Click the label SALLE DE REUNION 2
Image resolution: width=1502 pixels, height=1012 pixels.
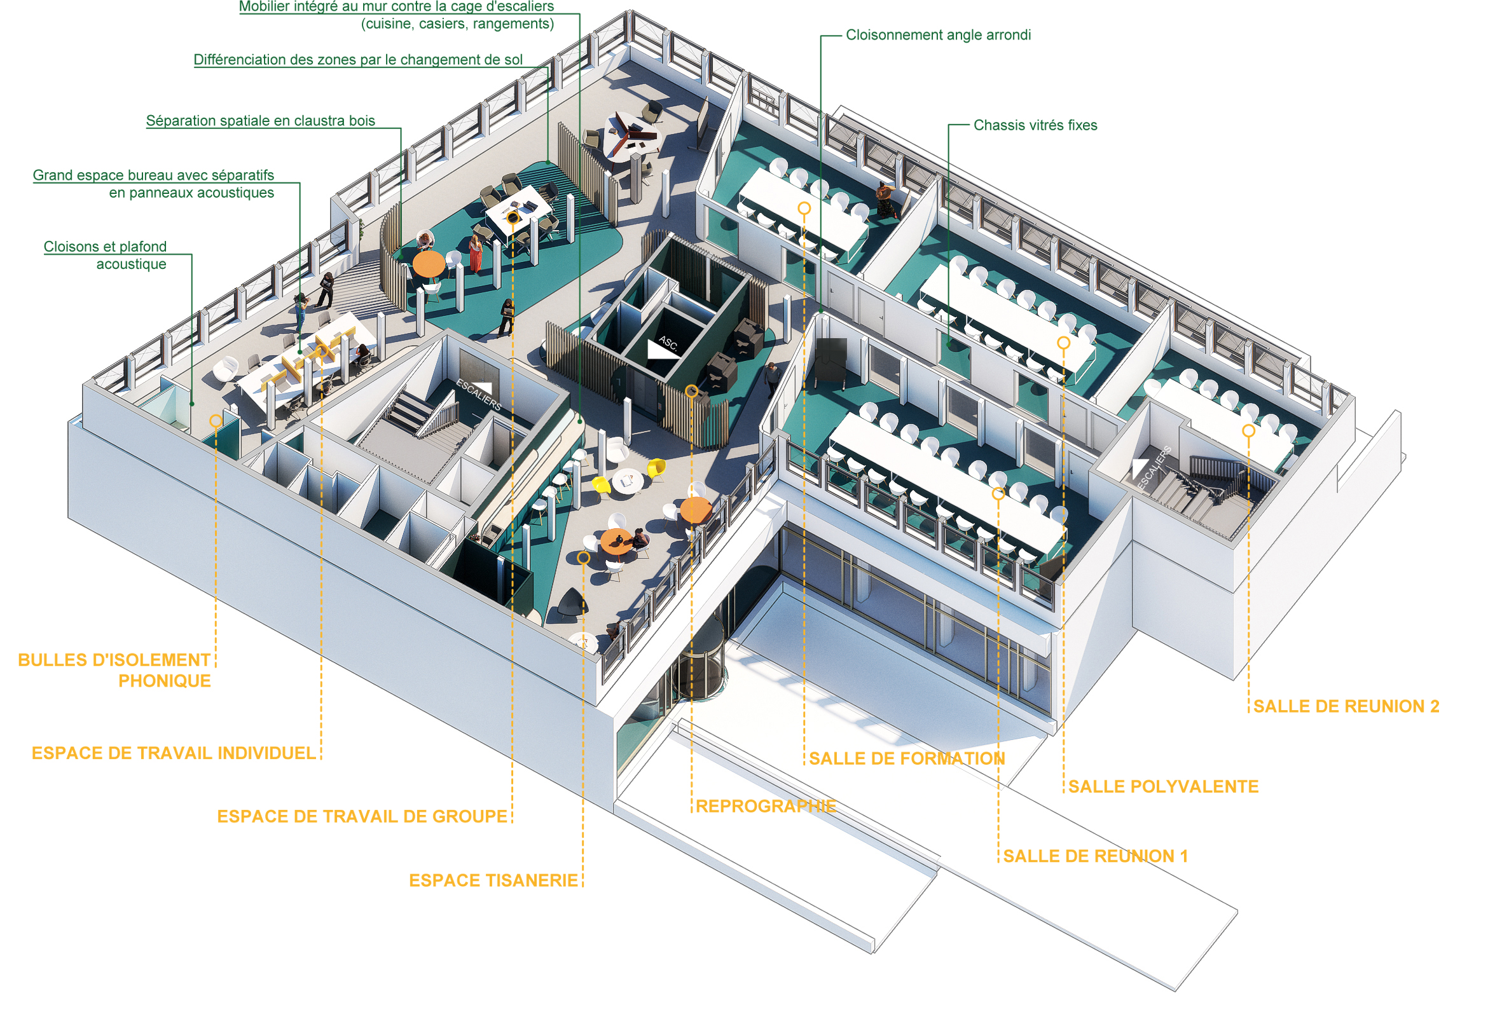(1345, 706)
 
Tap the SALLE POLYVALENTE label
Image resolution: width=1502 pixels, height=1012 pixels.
(1162, 786)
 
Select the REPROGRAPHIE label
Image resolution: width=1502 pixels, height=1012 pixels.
(766, 806)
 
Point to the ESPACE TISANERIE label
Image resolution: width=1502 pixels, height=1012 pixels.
(493, 880)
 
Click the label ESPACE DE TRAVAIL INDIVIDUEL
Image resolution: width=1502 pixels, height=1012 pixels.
(173, 753)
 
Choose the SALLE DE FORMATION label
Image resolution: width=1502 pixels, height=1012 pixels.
(906, 758)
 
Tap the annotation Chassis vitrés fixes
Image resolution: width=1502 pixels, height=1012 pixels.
(1035, 125)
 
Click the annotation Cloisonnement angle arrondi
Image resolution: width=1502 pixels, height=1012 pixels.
(938, 35)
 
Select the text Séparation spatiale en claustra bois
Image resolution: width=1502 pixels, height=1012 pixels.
(260, 121)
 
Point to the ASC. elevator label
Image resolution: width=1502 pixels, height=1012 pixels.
(668, 343)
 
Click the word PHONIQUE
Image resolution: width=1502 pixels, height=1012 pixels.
(164, 681)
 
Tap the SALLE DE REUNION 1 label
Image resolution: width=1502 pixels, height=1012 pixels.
(1095, 856)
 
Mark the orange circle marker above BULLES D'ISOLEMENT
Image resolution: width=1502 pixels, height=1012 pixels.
(216, 421)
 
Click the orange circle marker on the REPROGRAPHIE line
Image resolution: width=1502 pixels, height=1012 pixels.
(691, 390)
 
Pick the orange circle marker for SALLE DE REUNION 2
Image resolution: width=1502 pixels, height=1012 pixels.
(1248, 430)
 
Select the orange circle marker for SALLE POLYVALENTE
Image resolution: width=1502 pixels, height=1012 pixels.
(1063, 343)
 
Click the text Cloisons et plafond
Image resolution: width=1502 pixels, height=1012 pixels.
(104, 247)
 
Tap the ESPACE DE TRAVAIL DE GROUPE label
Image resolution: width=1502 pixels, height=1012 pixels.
(361, 816)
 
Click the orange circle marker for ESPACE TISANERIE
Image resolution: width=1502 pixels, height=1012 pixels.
(583, 557)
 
